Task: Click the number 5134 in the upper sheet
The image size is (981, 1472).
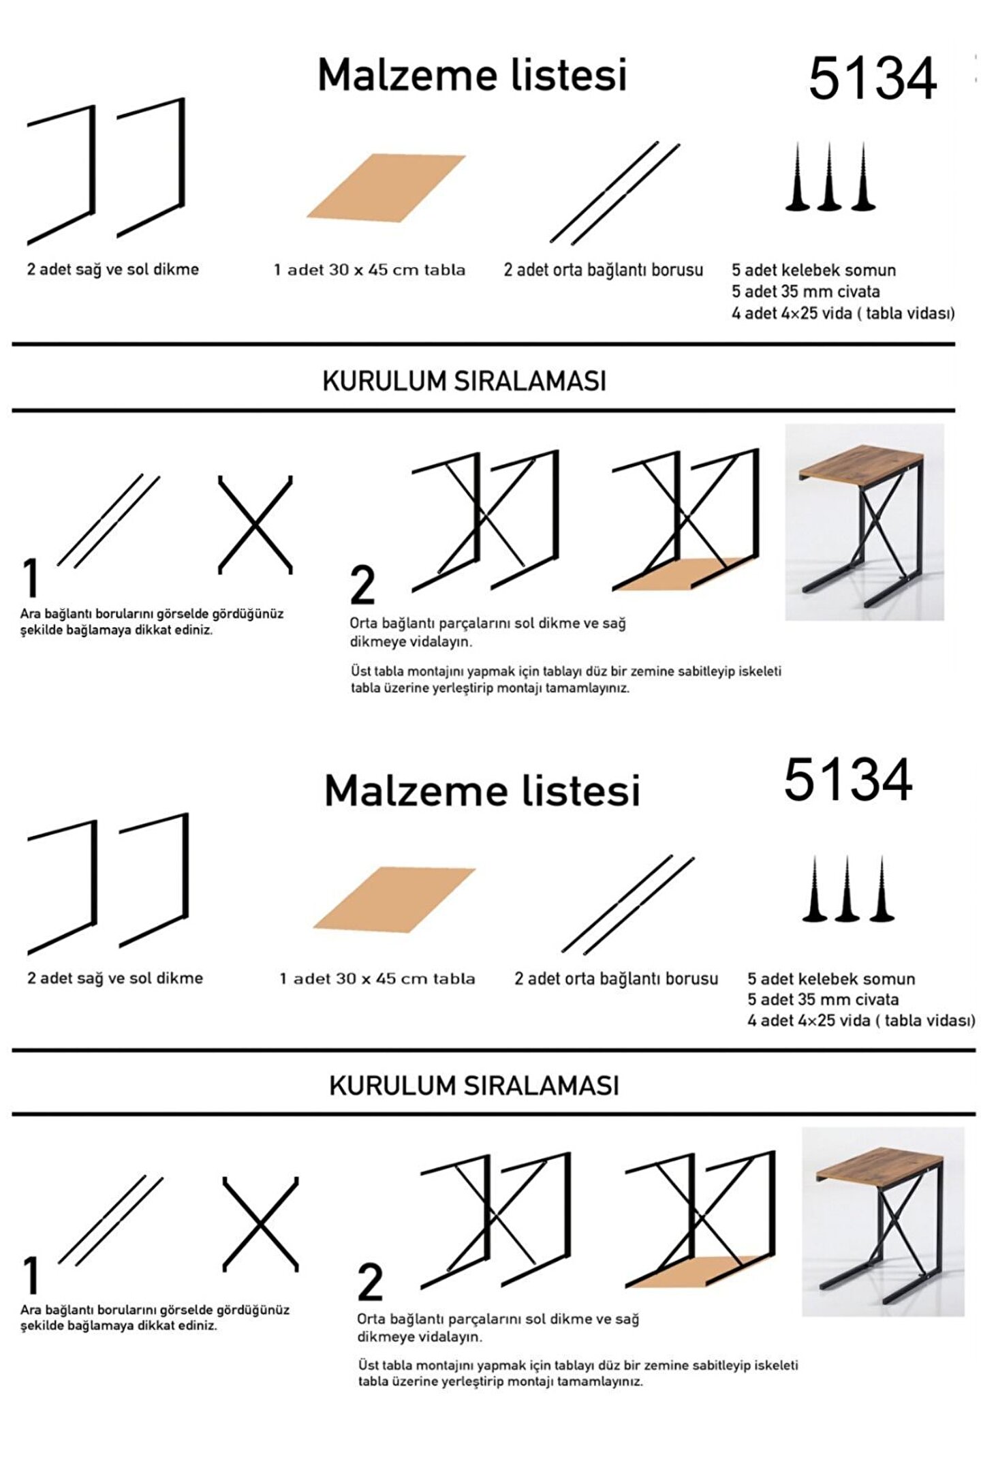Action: (x=873, y=79)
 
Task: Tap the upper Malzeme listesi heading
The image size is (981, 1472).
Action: (x=472, y=74)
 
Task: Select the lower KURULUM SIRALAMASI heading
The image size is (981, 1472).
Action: (x=474, y=1086)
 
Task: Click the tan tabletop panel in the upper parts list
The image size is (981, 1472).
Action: (x=386, y=187)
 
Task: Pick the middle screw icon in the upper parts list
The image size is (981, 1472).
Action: (x=830, y=177)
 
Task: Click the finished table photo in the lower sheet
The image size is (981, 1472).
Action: (x=883, y=1221)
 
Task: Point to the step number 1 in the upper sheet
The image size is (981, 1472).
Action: (x=30, y=579)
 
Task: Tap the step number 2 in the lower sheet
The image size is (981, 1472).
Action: (x=370, y=1283)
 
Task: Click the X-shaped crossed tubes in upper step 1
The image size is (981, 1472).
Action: (x=255, y=525)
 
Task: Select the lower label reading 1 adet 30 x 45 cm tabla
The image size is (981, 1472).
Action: (x=377, y=979)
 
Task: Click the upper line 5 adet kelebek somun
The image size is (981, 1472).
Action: (x=814, y=270)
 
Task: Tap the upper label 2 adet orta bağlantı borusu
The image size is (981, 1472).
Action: (x=604, y=270)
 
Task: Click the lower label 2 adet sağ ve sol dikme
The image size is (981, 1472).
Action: (x=115, y=978)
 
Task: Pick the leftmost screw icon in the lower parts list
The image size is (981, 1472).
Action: (x=815, y=889)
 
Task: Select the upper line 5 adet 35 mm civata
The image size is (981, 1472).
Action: (x=806, y=292)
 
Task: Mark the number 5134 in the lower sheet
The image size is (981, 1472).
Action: (x=848, y=780)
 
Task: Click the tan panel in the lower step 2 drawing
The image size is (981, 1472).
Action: (x=698, y=1271)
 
